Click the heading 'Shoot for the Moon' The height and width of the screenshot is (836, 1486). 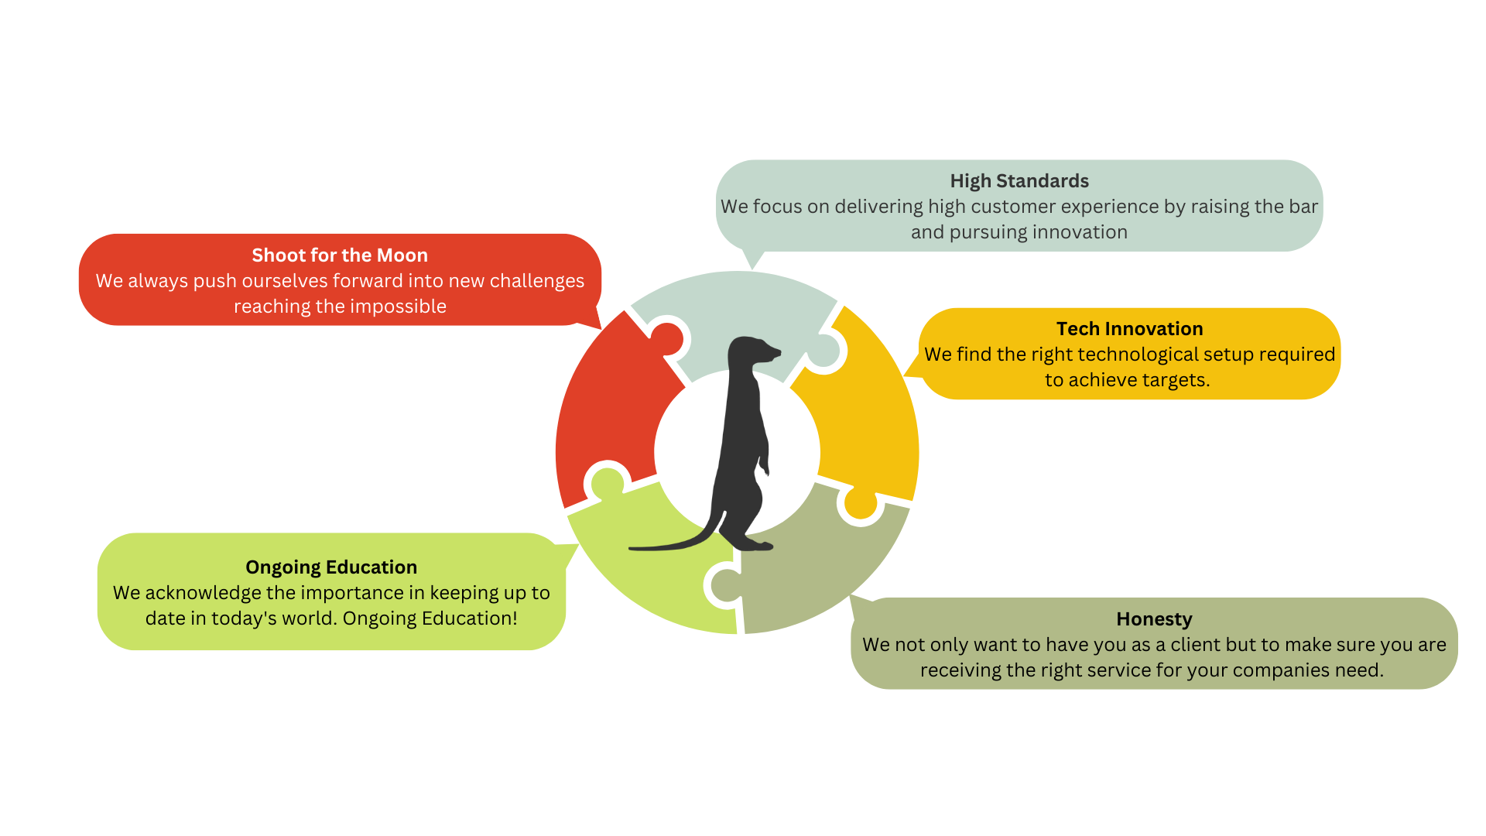pos(340,255)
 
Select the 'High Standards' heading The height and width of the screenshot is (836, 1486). pos(1019,181)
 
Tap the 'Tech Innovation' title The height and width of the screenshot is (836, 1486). pos(1129,329)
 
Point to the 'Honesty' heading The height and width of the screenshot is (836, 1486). pos(1154,619)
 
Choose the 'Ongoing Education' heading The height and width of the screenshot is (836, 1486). pos(331,567)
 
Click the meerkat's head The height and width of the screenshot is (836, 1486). pos(752,351)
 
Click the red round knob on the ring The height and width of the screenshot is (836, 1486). pos(666,338)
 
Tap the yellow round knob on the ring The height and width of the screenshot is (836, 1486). pos(860,503)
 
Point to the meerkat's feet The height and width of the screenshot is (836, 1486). pos(755,543)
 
